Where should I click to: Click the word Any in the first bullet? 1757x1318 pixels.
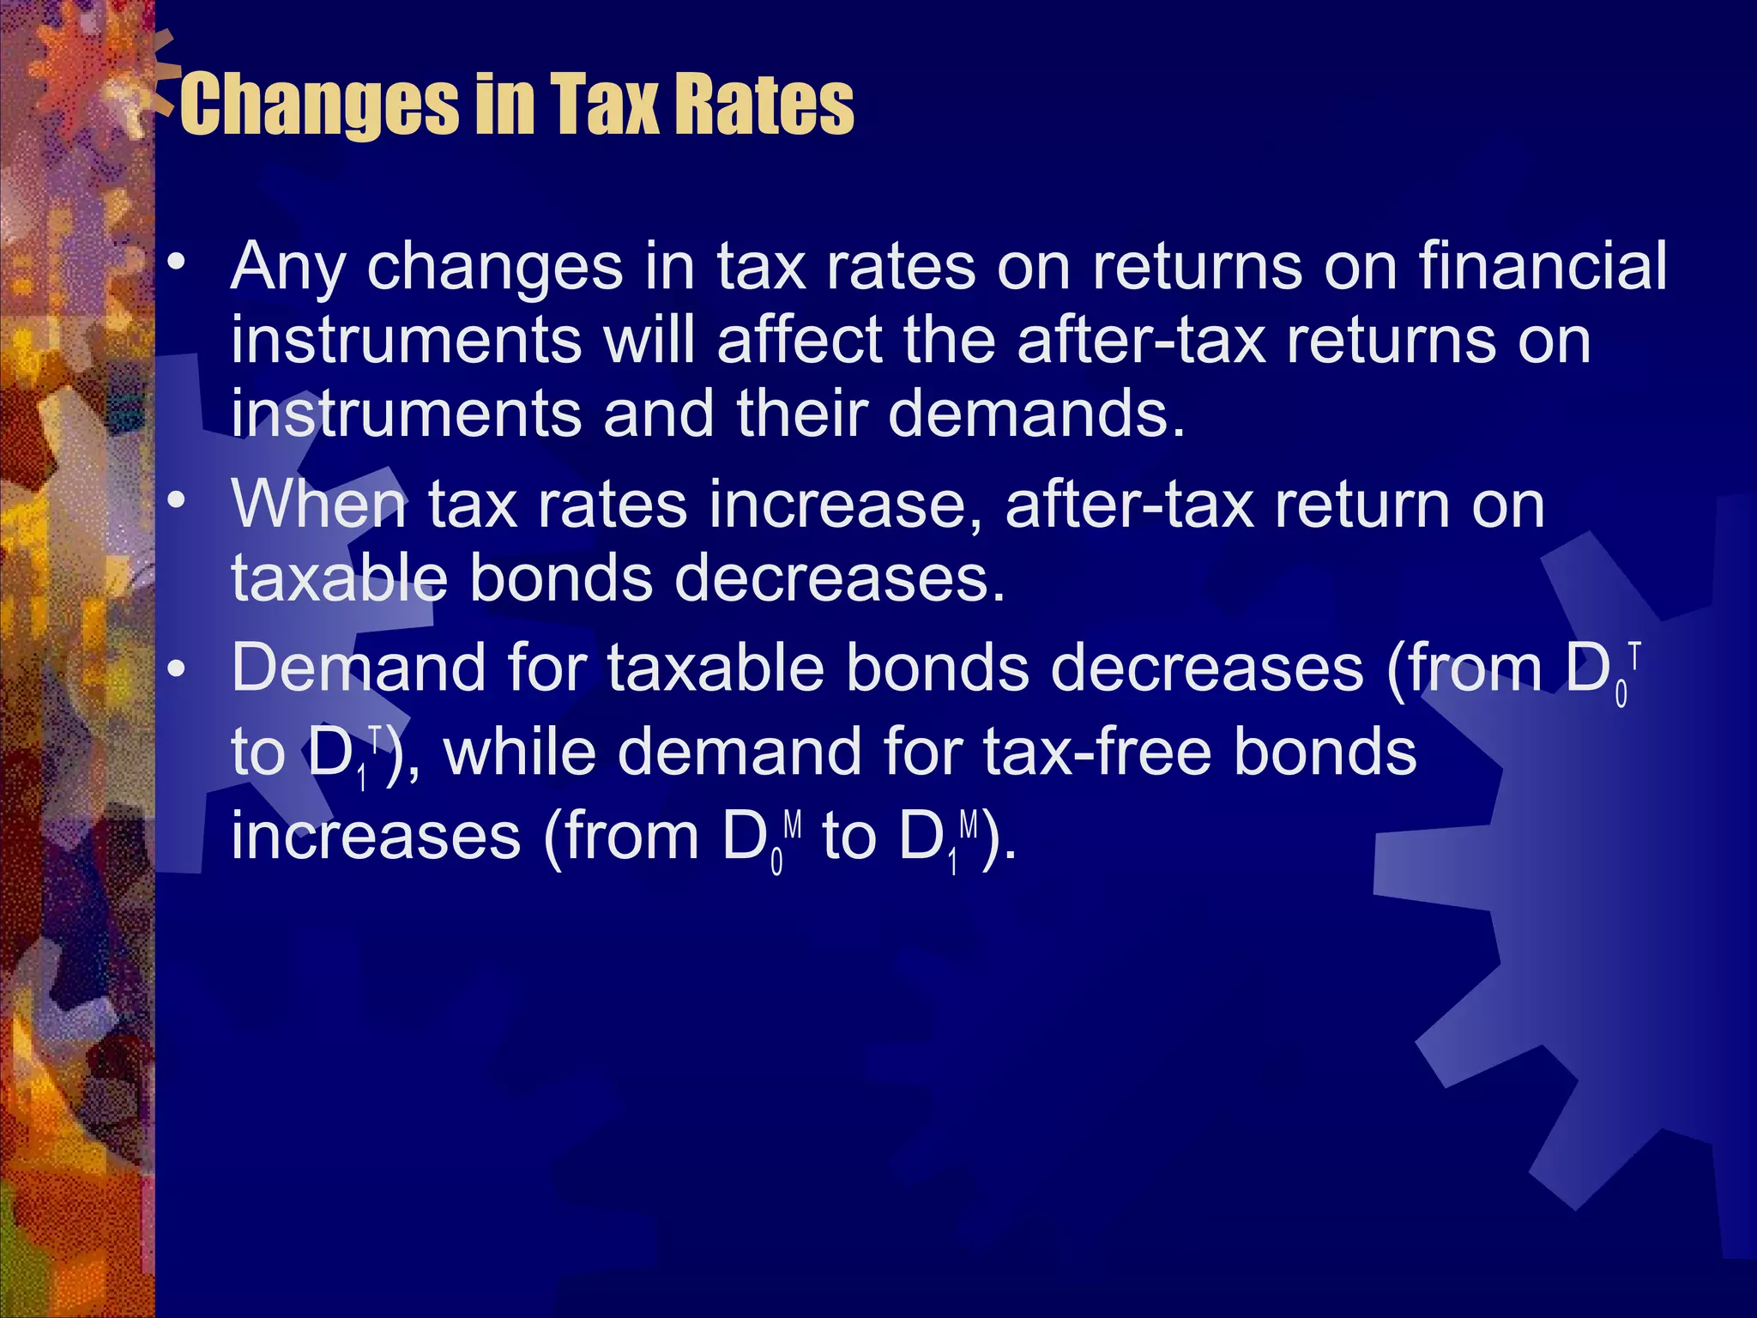click(287, 268)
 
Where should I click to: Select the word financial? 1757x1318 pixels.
click(1543, 266)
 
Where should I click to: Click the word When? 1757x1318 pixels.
click(318, 505)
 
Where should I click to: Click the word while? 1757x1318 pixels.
click(519, 752)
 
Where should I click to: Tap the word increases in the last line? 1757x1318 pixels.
click(376, 836)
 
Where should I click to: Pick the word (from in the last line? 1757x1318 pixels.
click(622, 836)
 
